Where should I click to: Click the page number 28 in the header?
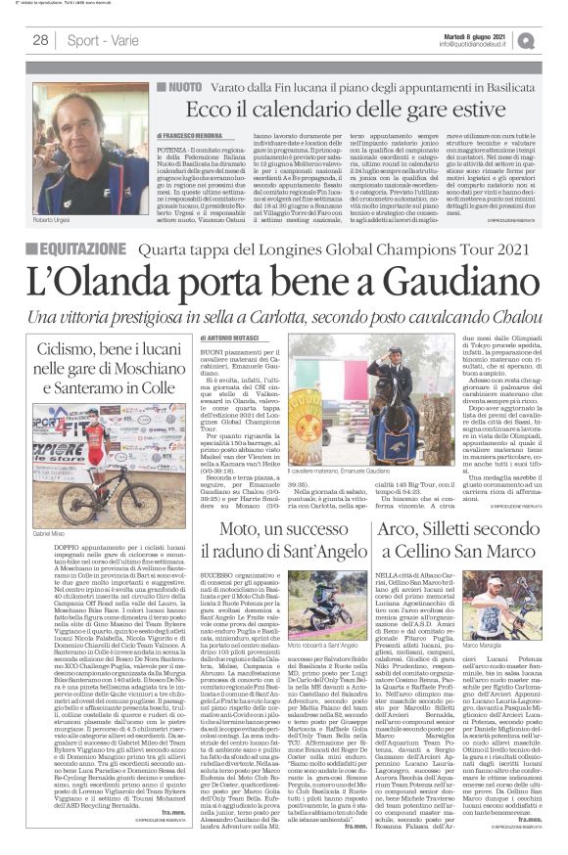point(40,39)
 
